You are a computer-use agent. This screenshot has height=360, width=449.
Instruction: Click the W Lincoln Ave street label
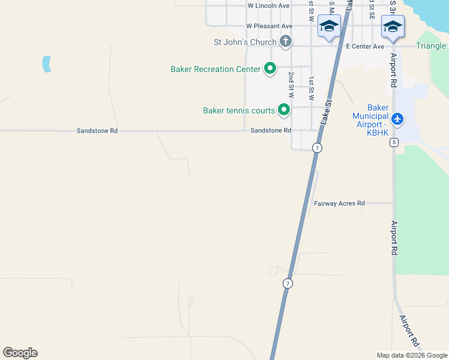tap(268, 5)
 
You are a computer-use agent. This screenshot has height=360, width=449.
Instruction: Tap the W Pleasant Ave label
tap(269, 26)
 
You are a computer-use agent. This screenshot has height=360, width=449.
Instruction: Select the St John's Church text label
tap(245, 42)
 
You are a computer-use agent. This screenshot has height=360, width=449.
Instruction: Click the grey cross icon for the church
tap(286, 41)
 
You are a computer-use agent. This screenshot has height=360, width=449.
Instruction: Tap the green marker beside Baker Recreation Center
tap(270, 69)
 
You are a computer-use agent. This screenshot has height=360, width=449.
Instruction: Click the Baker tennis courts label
tap(238, 110)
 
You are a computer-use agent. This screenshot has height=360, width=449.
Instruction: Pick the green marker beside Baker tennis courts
tap(284, 110)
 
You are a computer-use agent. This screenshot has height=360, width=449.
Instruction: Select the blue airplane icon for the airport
tap(397, 118)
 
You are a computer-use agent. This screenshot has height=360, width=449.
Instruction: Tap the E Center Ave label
tap(364, 46)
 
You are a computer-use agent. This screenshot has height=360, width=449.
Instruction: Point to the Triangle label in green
tap(432, 46)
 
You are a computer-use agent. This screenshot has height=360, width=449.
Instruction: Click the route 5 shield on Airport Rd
tap(393, 142)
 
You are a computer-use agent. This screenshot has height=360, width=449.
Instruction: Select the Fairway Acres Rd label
tap(339, 203)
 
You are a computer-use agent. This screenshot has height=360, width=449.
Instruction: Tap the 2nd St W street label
tap(291, 85)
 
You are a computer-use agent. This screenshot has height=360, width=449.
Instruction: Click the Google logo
tap(20, 353)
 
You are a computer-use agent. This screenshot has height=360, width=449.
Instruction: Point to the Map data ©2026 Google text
tap(412, 355)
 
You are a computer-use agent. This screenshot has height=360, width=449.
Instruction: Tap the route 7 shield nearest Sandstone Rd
tap(318, 148)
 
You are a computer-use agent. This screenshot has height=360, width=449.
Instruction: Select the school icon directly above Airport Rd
tap(393, 26)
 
